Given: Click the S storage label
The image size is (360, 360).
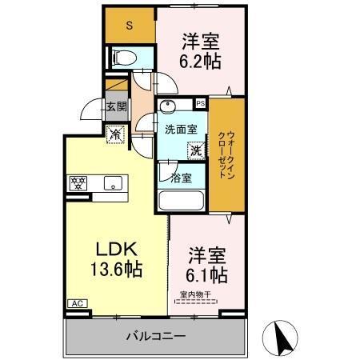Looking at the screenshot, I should [x=130, y=25].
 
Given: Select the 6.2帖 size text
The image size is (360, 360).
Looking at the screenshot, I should [x=199, y=59].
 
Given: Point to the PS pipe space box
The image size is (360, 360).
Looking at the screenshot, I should [x=200, y=103].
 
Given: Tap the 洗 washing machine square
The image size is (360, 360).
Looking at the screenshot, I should [x=194, y=148].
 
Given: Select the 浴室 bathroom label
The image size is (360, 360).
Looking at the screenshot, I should [x=180, y=178].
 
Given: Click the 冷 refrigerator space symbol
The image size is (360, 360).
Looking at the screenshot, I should [x=115, y=136].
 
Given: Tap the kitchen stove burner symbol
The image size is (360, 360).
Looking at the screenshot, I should [x=79, y=182].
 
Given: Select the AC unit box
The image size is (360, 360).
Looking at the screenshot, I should [x=78, y=303].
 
